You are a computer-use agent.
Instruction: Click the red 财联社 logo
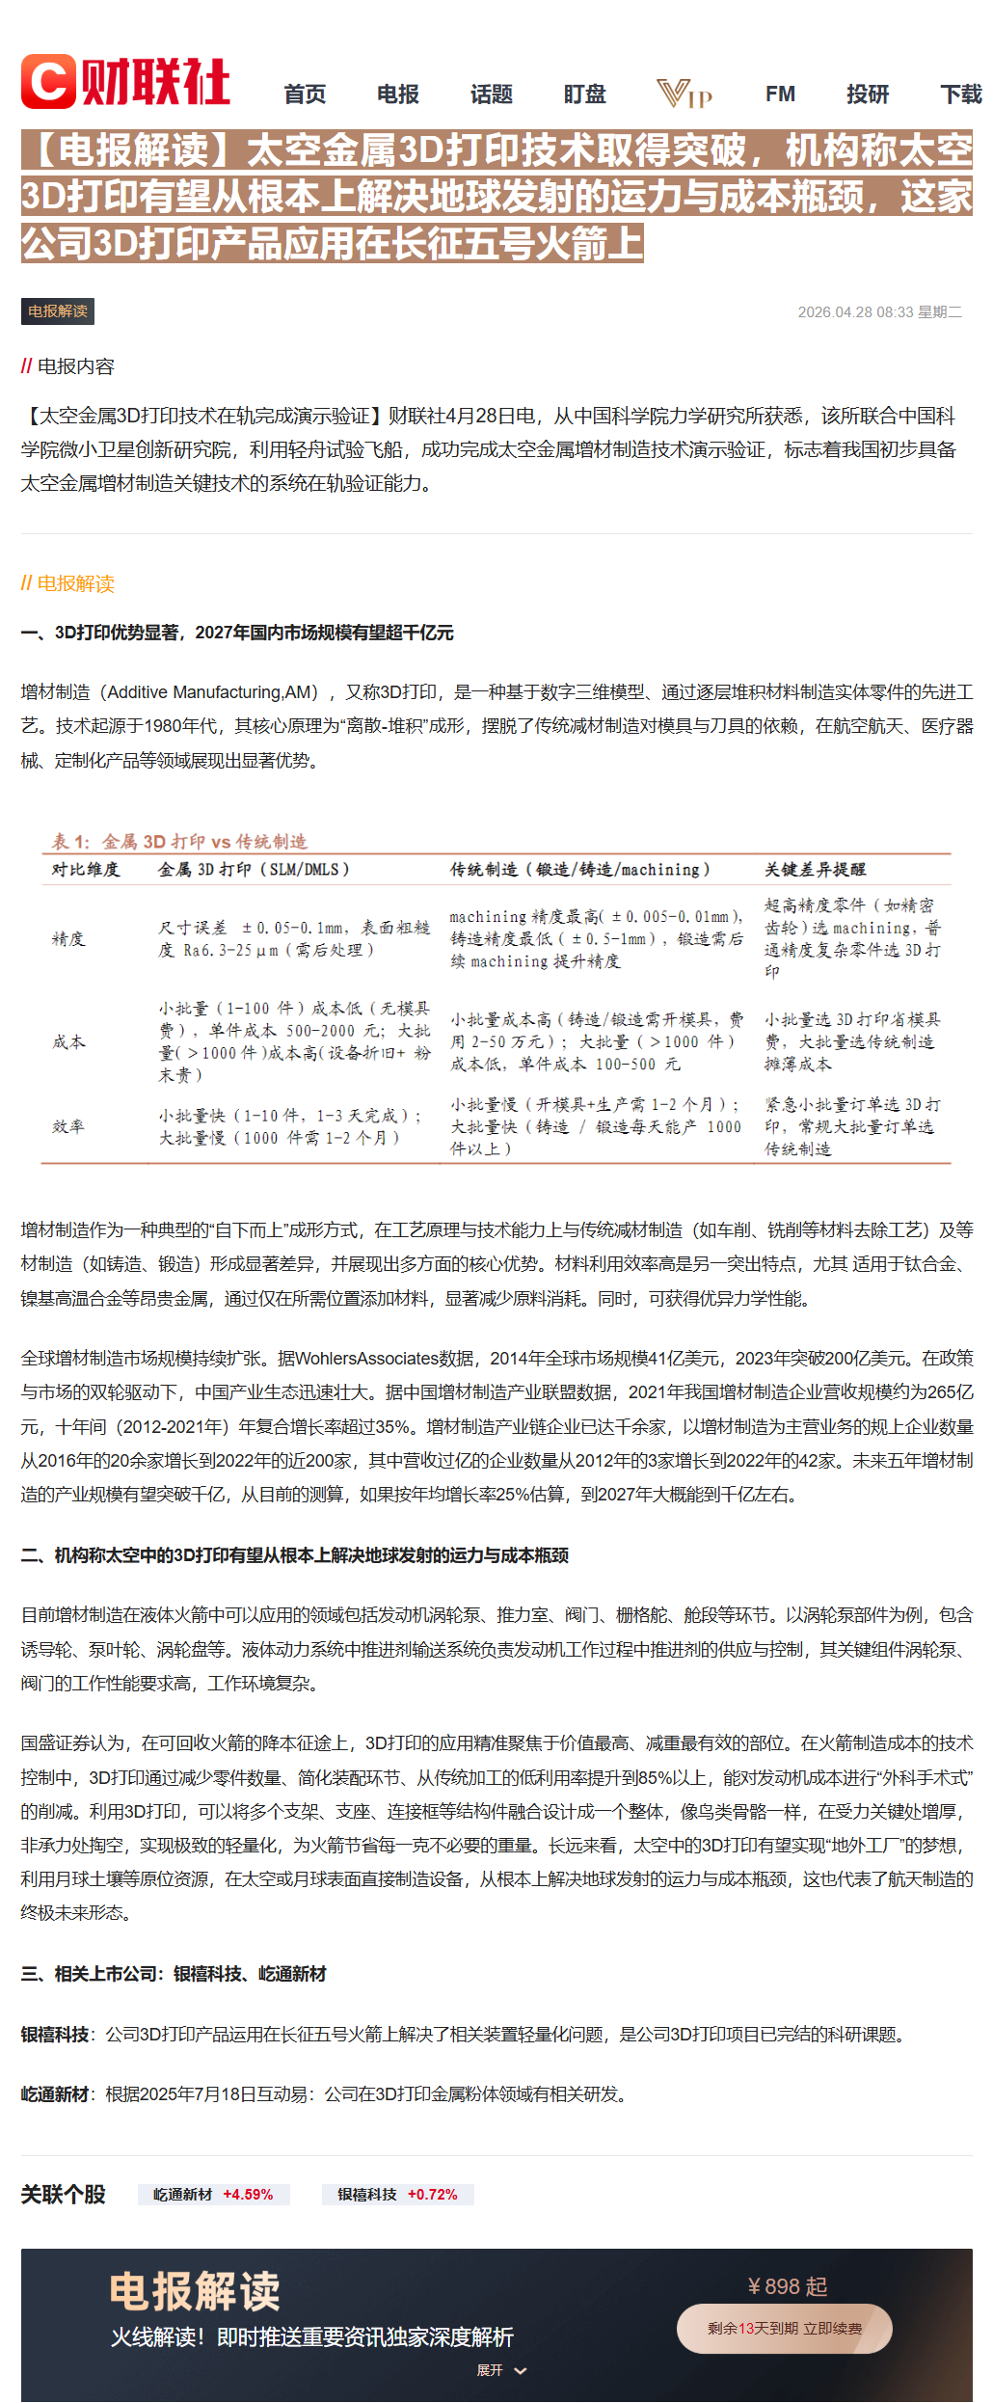point(125,82)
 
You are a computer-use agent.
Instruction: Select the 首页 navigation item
point(305,94)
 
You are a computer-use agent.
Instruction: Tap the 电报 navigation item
point(398,94)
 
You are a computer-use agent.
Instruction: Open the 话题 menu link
point(492,94)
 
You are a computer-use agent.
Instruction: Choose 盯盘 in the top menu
point(585,94)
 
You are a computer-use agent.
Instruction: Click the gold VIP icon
point(684,94)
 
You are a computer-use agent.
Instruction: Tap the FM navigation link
point(780,94)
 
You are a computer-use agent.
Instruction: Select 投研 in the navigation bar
point(868,94)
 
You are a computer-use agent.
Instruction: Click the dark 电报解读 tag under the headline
point(58,311)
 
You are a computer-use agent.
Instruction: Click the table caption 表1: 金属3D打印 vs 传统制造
point(179,841)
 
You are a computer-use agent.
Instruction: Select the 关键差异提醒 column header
point(815,870)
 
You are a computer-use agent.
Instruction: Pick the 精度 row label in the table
point(68,939)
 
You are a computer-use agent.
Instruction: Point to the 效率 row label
point(68,1126)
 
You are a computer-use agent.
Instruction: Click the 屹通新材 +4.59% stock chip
point(213,2195)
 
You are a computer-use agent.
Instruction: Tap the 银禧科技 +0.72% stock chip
point(397,2195)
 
